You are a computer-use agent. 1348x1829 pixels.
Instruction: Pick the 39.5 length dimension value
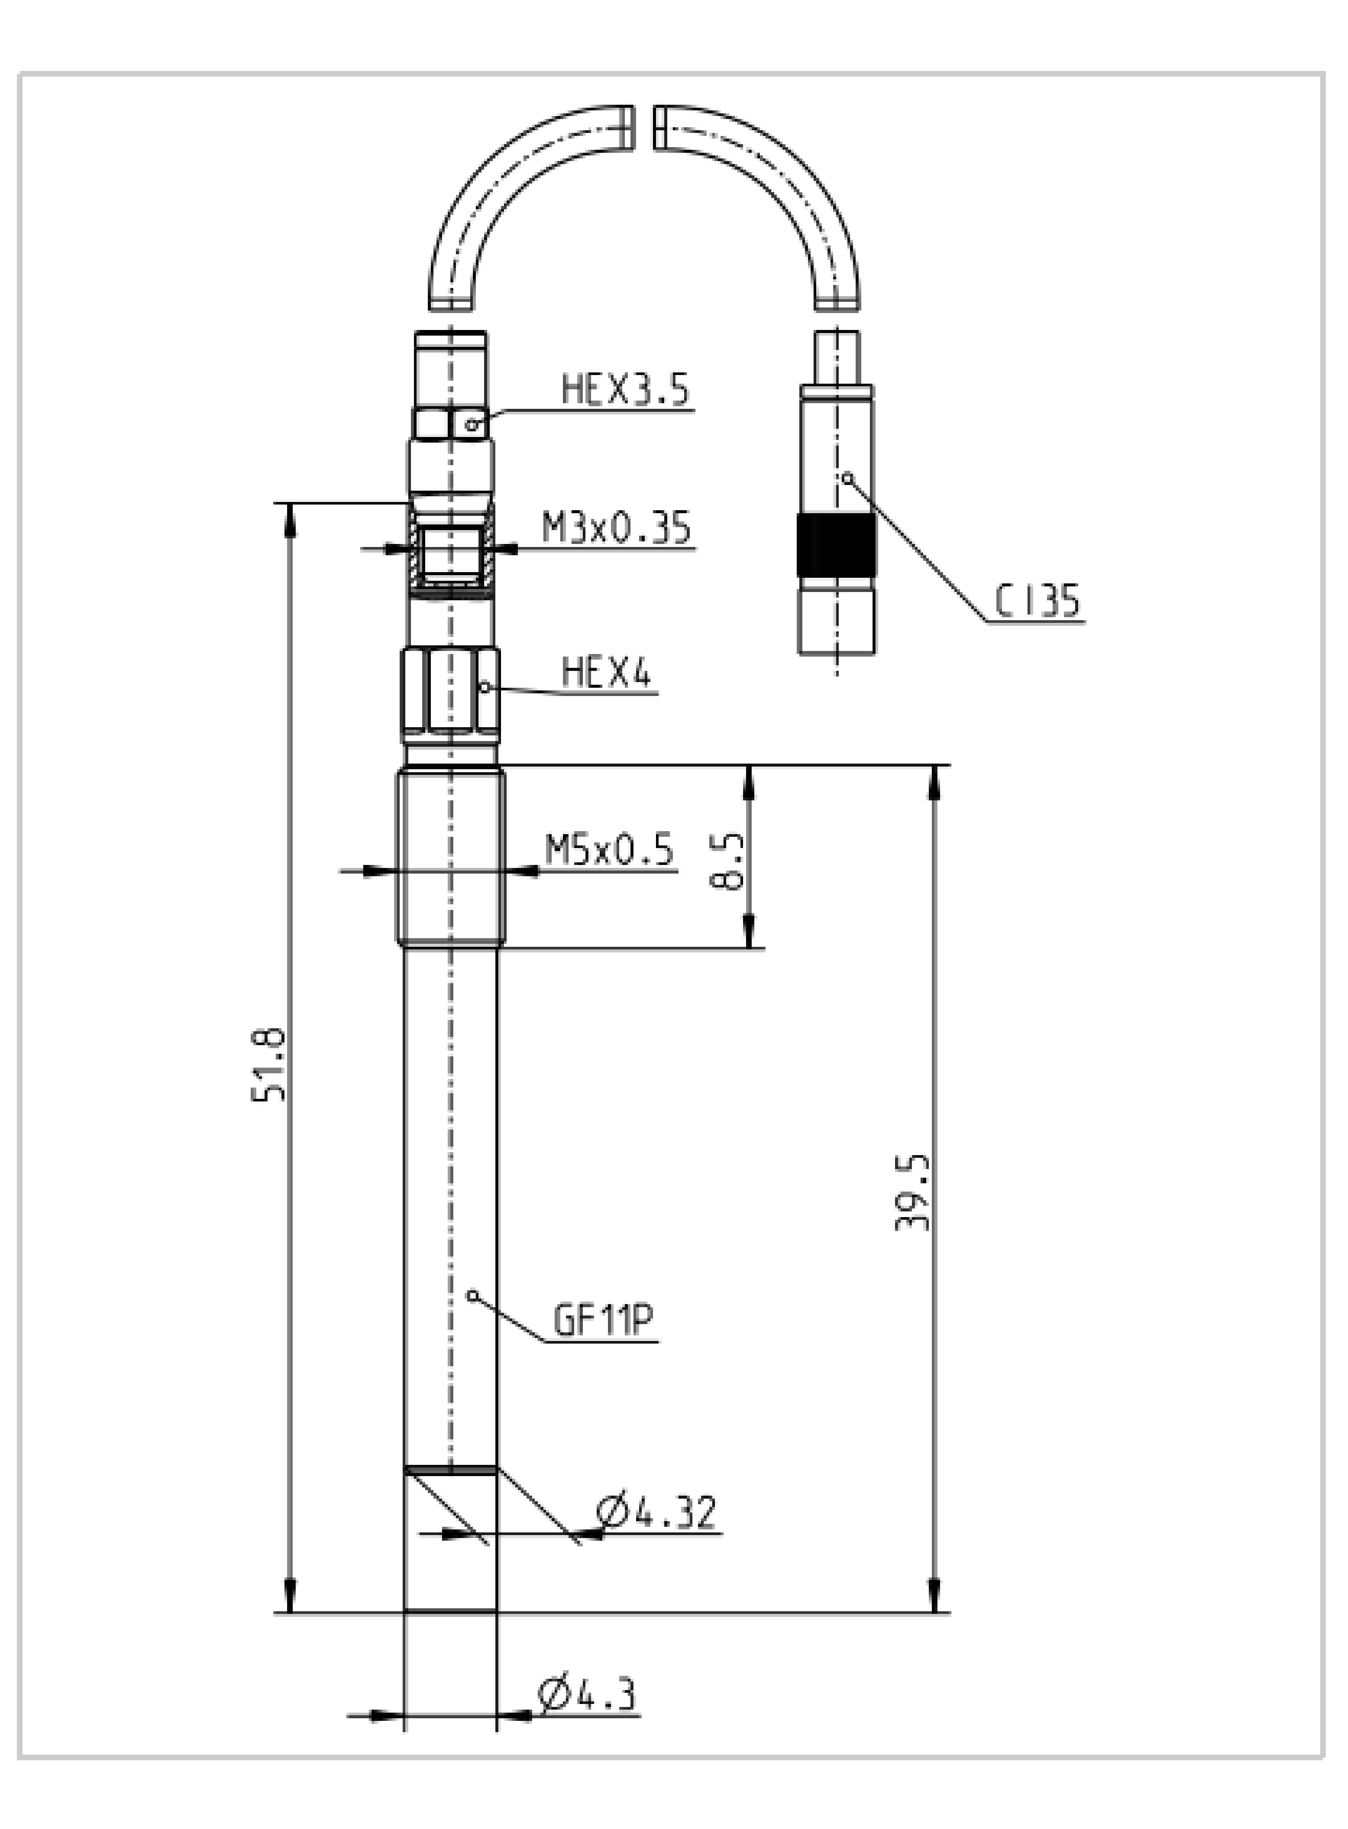point(912,1192)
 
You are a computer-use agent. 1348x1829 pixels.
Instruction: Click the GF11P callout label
point(604,1320)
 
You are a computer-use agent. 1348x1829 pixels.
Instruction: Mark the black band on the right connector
point(836,546)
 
